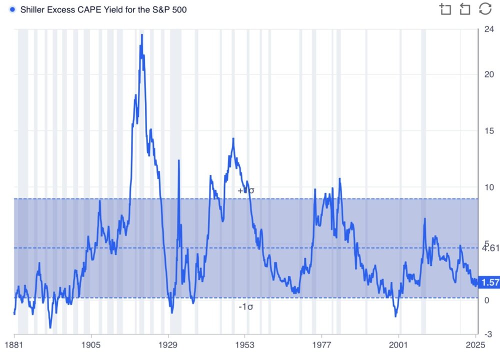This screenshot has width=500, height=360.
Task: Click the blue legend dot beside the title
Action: [x=12, y=9]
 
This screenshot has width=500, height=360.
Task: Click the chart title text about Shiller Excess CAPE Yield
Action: [x=103, y=9]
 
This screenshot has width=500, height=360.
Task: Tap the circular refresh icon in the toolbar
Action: [x=485, y=9]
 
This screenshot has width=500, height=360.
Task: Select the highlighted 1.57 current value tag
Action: [x=489, y=283]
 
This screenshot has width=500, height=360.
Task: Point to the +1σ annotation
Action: [x=245, y=190]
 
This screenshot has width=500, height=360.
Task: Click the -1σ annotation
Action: [x=245, y=306]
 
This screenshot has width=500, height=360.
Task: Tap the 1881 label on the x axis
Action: [x=14, y=344]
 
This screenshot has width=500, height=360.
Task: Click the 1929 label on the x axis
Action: [x=169, y=344]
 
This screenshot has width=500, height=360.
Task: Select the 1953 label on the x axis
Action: [x=245, y=344]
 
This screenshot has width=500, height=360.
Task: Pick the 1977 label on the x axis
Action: [x=322, y=344]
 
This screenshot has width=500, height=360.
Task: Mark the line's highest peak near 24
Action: [x=141, y=35]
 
